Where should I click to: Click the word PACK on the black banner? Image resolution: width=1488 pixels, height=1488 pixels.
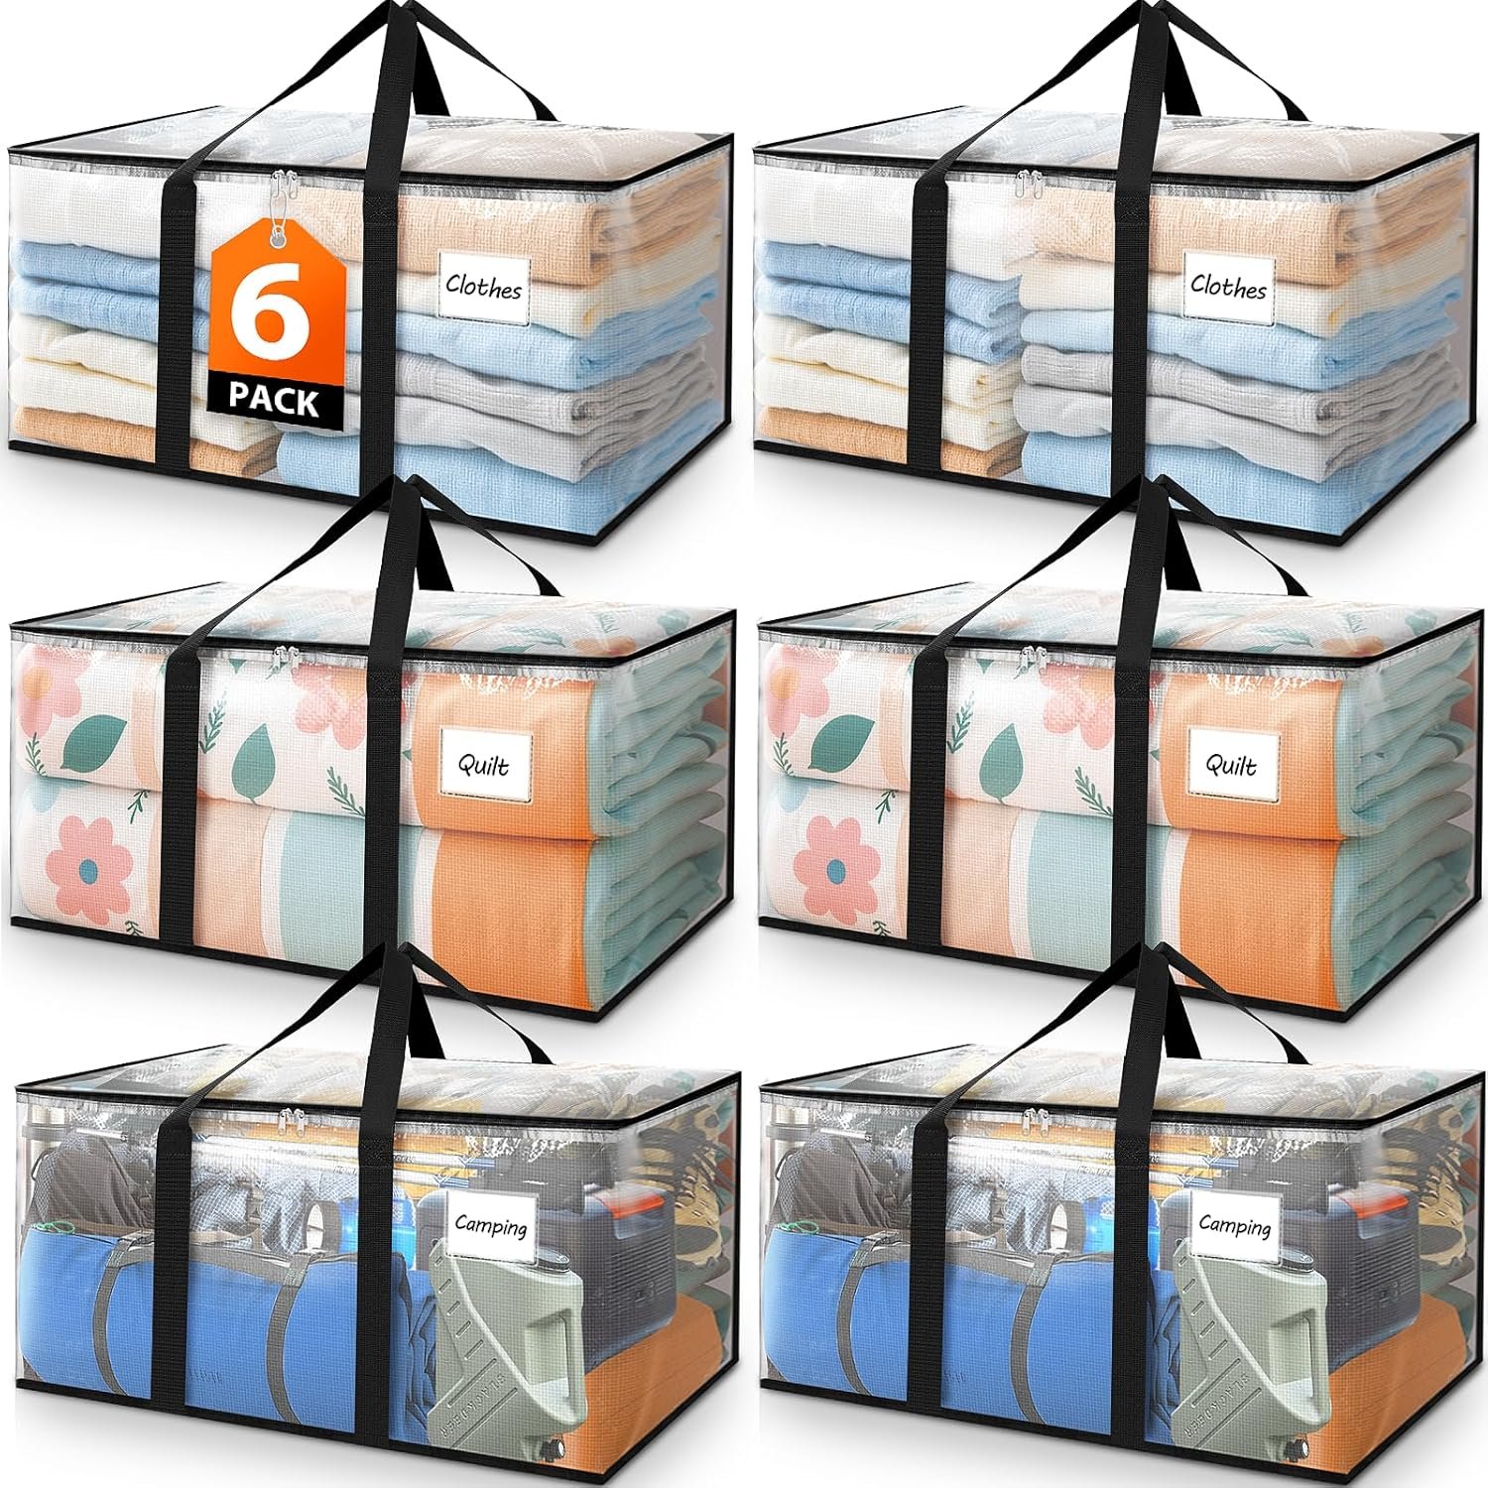click(273, 401)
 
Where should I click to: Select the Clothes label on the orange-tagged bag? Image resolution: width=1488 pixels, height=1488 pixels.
click(483, 289)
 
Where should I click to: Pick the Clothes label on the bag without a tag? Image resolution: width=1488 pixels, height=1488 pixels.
click(1228, 289)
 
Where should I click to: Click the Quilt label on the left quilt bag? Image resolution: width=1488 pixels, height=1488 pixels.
click(484, 766)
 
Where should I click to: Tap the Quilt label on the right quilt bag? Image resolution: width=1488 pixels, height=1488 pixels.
click(1229, 766)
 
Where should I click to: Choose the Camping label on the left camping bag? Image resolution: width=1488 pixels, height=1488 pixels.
click(491, 1226)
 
